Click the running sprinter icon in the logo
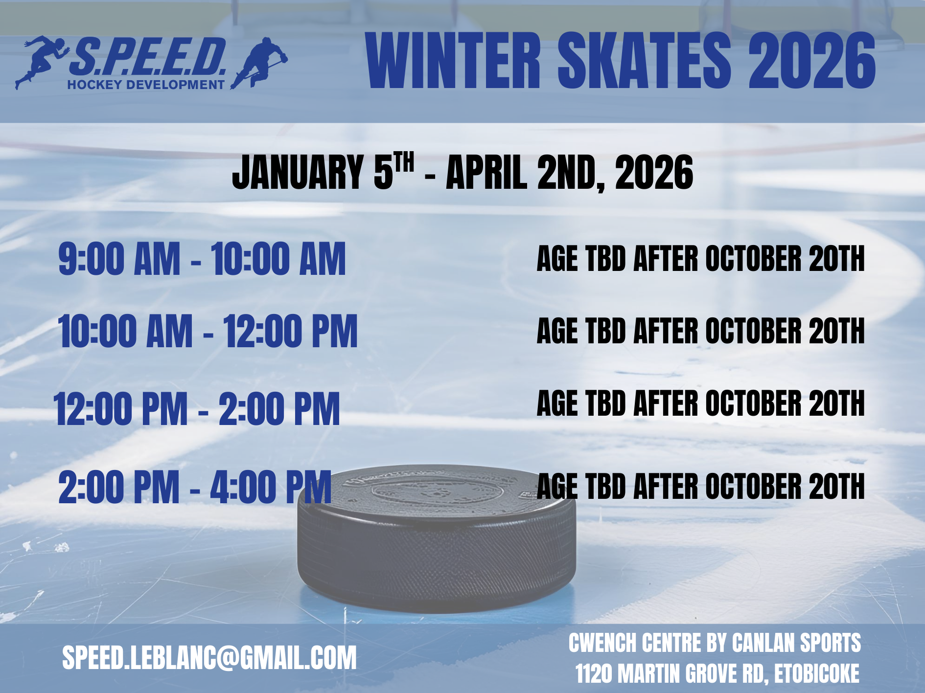coord(42,61)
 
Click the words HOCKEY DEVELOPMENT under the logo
coord(146,85)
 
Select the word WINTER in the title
coord(453,61)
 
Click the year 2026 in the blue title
coord(811,61)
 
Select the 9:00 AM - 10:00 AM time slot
coord(202,259)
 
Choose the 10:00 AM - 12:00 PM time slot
coord(208,331)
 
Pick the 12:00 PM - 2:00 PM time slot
coord(197,409)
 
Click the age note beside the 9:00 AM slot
coord(701,259)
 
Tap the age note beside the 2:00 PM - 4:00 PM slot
coord(701,486)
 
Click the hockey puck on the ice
coord(437,538)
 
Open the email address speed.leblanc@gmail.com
coord(209,658)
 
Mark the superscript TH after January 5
coord(404,161)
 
